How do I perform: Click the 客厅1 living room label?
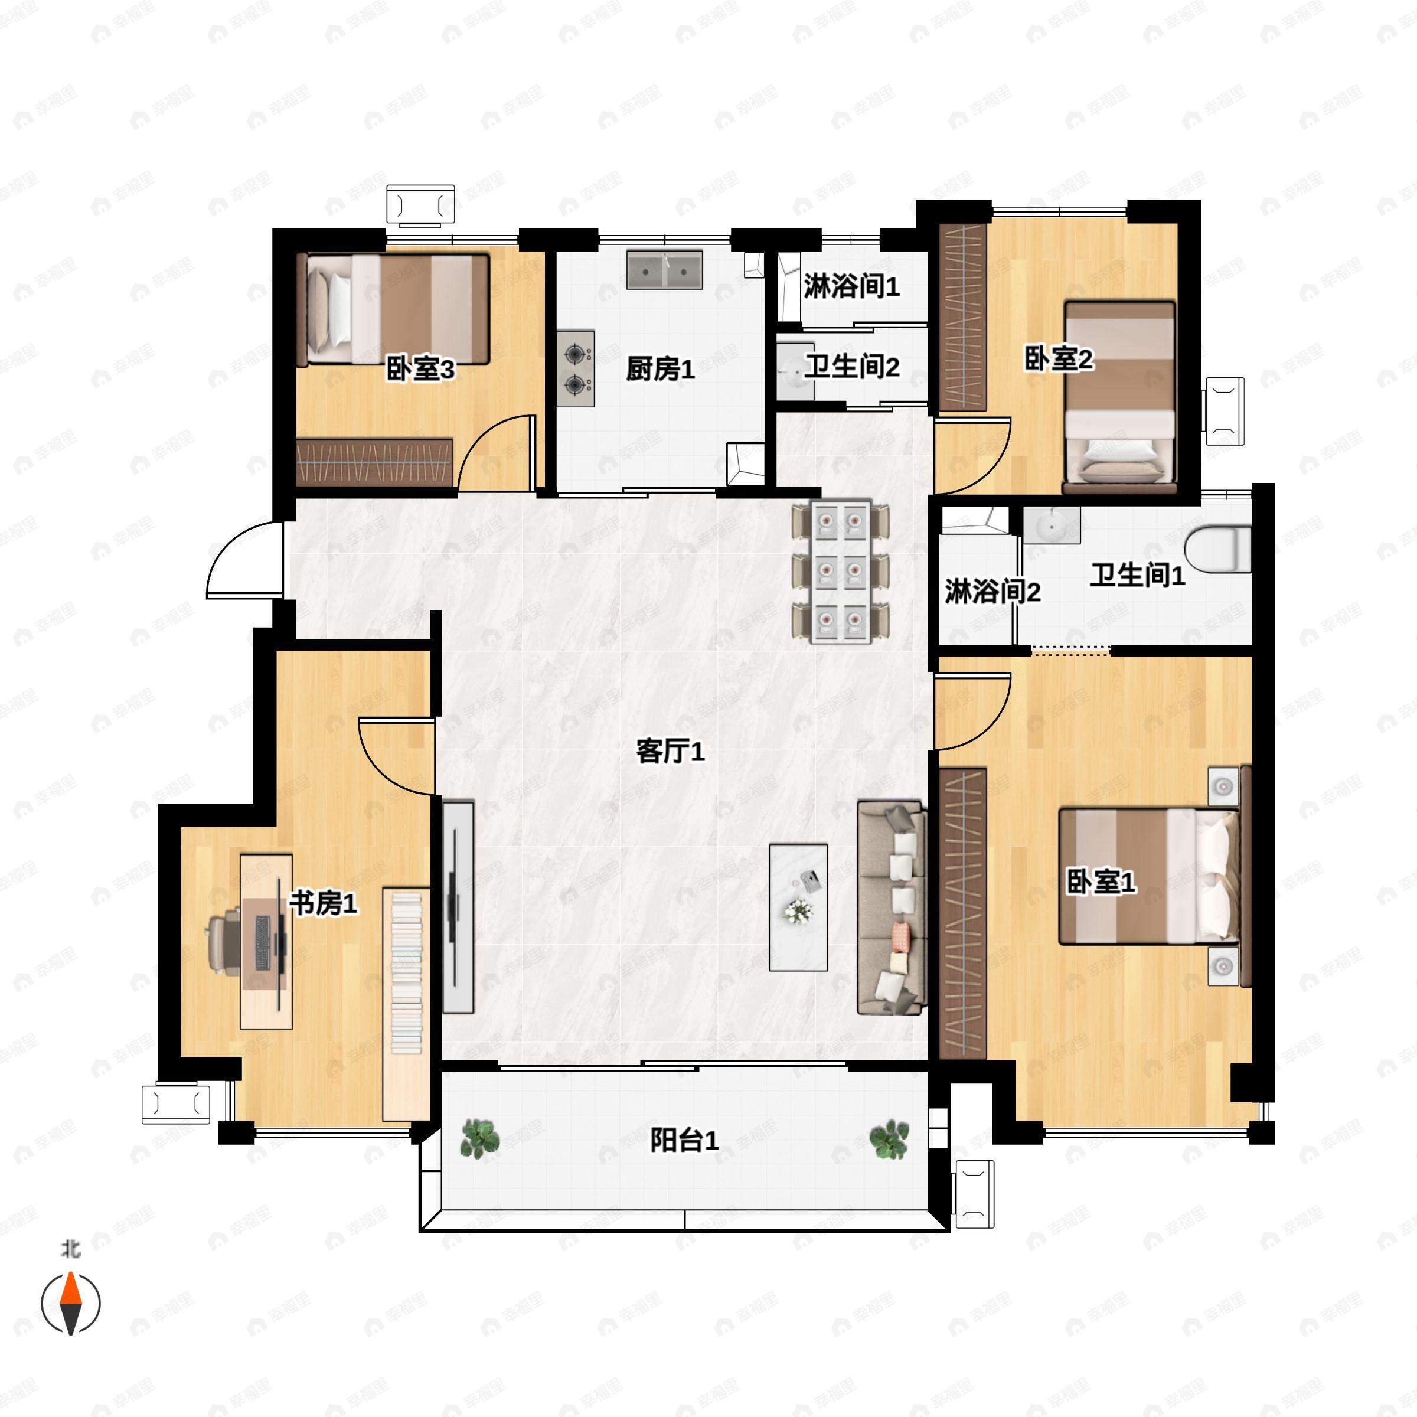tap(670, 751)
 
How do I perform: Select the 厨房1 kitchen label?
tap(660, 369)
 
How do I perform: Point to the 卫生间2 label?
tap(851, 366)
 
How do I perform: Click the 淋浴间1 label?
tap(851, 286)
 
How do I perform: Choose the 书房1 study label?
tap(324, 903)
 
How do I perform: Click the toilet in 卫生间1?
tap(1217, 548)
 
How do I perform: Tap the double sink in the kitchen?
tap(664, 270)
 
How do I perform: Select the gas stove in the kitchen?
tap(576, 369)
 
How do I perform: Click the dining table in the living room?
tap(841, 573)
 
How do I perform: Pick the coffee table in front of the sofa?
tap(798, 907)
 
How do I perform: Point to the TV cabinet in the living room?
tap(458, 907)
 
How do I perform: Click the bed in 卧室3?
tap(393, 309)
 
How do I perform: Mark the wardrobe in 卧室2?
tap(963, 317)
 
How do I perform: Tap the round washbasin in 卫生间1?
tap(1052, 525)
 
